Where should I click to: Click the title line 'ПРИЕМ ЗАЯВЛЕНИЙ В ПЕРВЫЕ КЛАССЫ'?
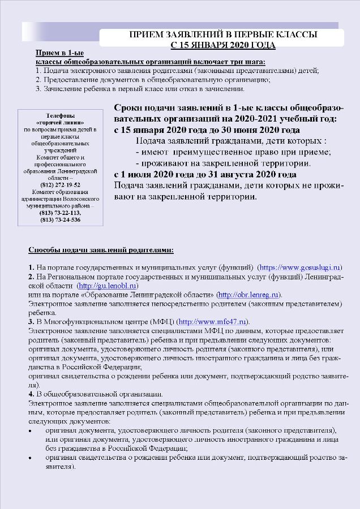[223, 34]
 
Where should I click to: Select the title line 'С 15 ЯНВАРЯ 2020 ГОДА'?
[223, 44]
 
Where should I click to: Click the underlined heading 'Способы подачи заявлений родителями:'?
[101, 249]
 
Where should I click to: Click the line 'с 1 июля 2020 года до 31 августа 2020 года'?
[205, 175]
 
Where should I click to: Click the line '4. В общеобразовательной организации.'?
[96, 394]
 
